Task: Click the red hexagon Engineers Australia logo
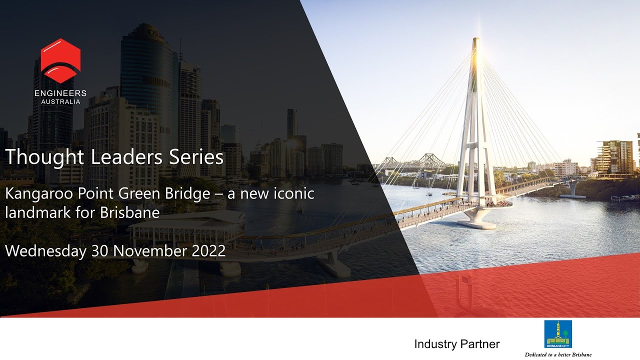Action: tap(60, 60)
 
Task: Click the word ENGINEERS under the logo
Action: tap(60, 93)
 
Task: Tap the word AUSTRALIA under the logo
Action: tap(60, 101)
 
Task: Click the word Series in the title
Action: tap(198, 157)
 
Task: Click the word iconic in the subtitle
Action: tap(294, 194)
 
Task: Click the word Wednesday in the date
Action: tap(45, 250)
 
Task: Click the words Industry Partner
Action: tap(456, 344)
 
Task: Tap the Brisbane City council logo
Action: tap(558, 334)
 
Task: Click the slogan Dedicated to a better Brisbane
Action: tap(558, 354)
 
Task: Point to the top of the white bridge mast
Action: tap(475, 40)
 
